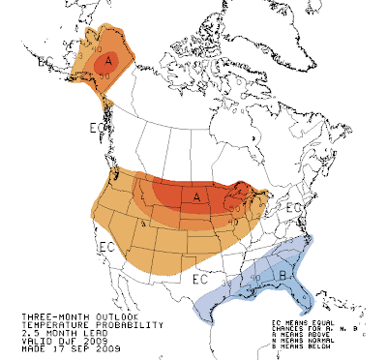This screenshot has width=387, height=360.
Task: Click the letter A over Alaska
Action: click(110, 61)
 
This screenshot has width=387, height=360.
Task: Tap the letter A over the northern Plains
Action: click(197, 196)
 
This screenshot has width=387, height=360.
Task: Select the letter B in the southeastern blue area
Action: click(281, 274)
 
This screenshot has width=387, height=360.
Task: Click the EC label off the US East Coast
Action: click(295, 208)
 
